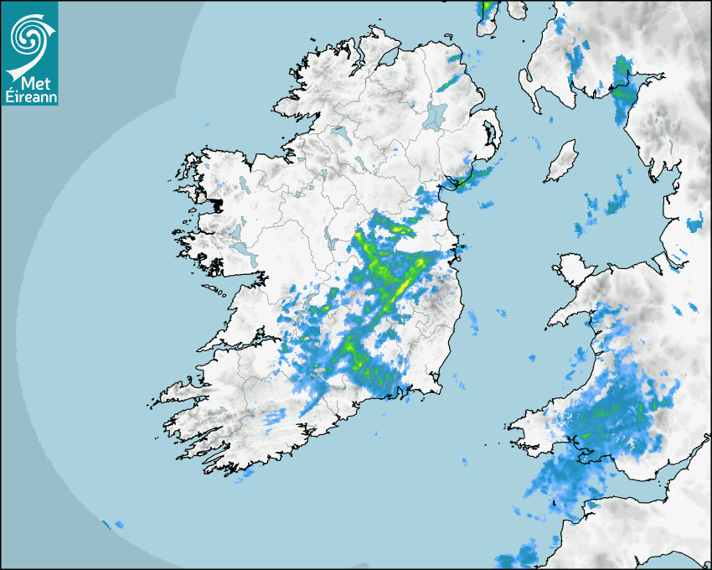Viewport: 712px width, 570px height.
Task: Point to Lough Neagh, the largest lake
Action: pyautogui.click(x=436, y=115)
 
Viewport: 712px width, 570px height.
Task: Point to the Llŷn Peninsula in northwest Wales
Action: pyautogui.click(x=570, y=310)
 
